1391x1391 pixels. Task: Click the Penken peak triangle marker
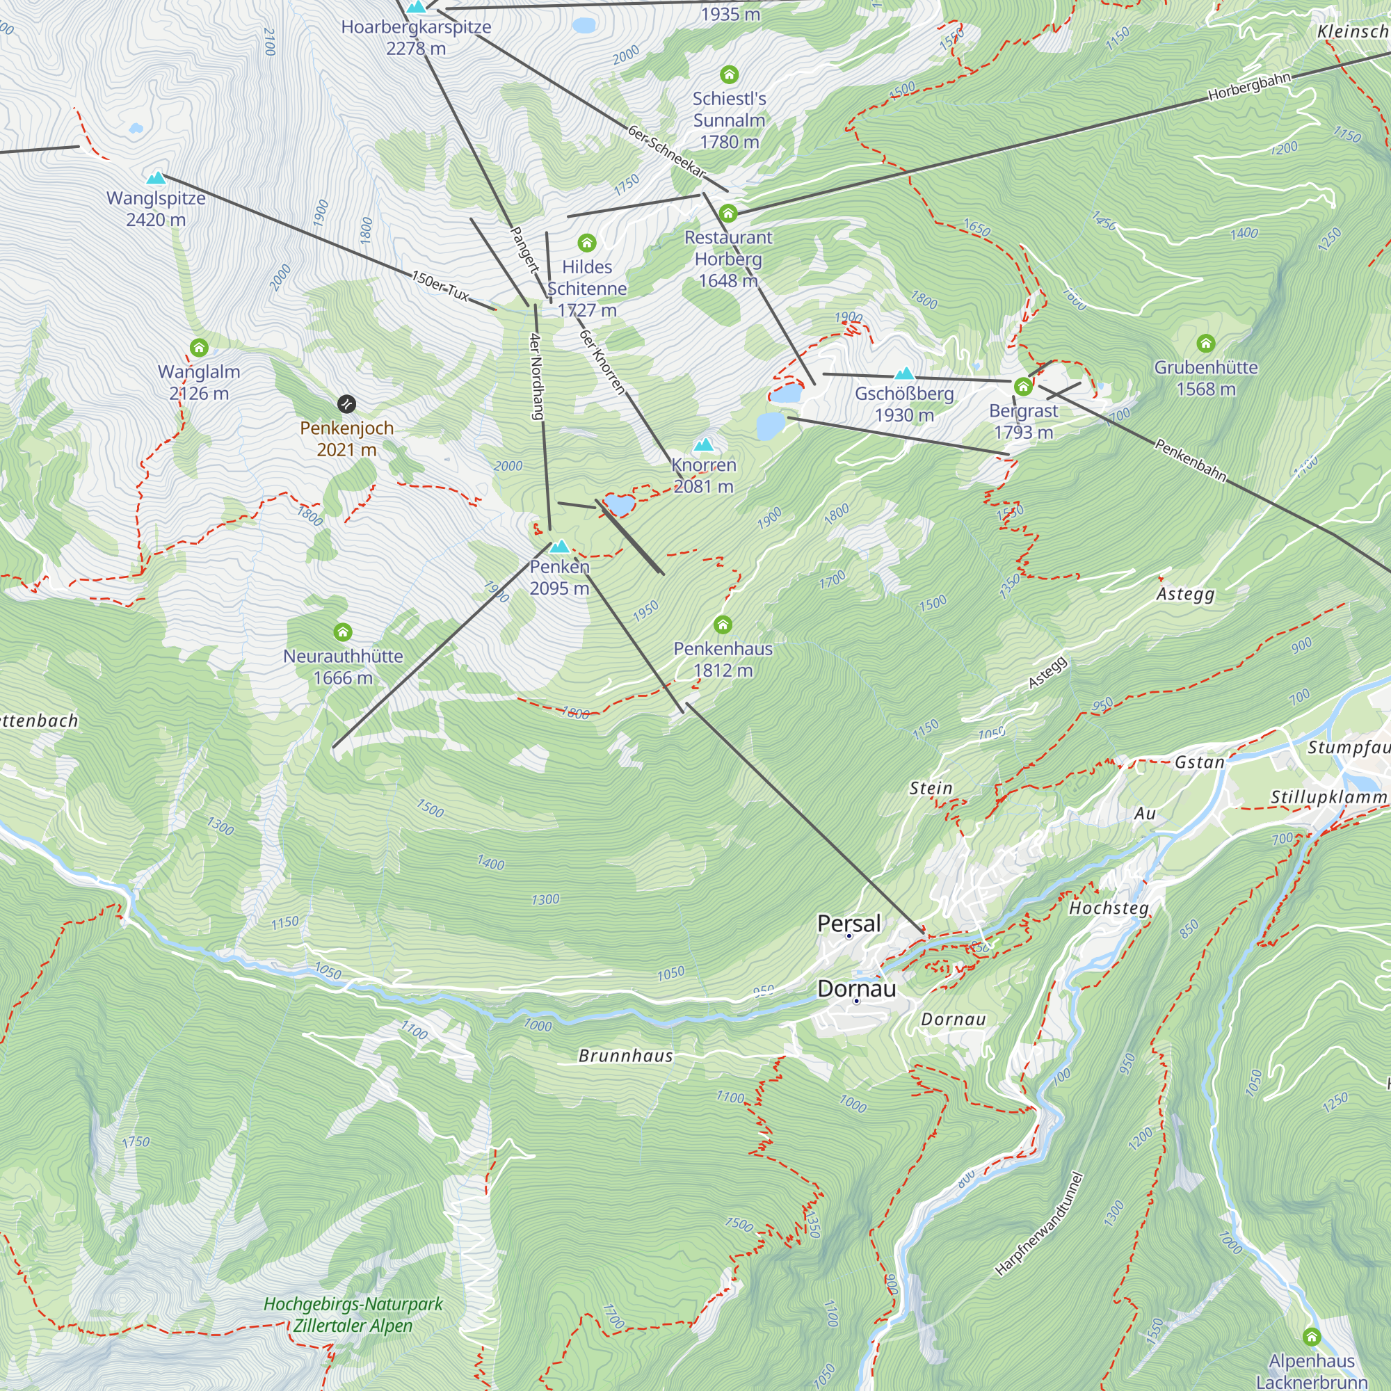click(559, 547)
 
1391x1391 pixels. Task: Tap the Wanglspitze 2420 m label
click(156, 209)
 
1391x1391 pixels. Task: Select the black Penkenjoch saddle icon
click(346, 404)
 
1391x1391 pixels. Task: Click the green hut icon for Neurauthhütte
click(343, 633)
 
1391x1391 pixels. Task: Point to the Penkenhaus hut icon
click(723, 625)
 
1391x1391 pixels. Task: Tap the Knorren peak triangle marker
click(703, 445)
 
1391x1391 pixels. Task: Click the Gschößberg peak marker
click(904, 373)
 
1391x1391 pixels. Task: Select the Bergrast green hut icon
click(1023, 387)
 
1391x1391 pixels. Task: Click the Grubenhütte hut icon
click(1205, 344)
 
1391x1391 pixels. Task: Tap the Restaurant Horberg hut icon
click(728, 213)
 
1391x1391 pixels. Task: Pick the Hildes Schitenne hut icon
click(587, 243)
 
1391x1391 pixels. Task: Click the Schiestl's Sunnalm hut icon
click(729, 75)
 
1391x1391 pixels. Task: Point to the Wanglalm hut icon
click(199, 348)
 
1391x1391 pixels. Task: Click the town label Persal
click(849, 923)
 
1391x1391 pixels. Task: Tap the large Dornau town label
click(857, 988)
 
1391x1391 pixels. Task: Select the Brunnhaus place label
click(626, 1056)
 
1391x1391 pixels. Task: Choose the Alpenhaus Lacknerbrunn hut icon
click(1311, 1337)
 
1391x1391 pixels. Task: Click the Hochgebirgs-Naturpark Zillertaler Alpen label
click(353, 1314)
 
